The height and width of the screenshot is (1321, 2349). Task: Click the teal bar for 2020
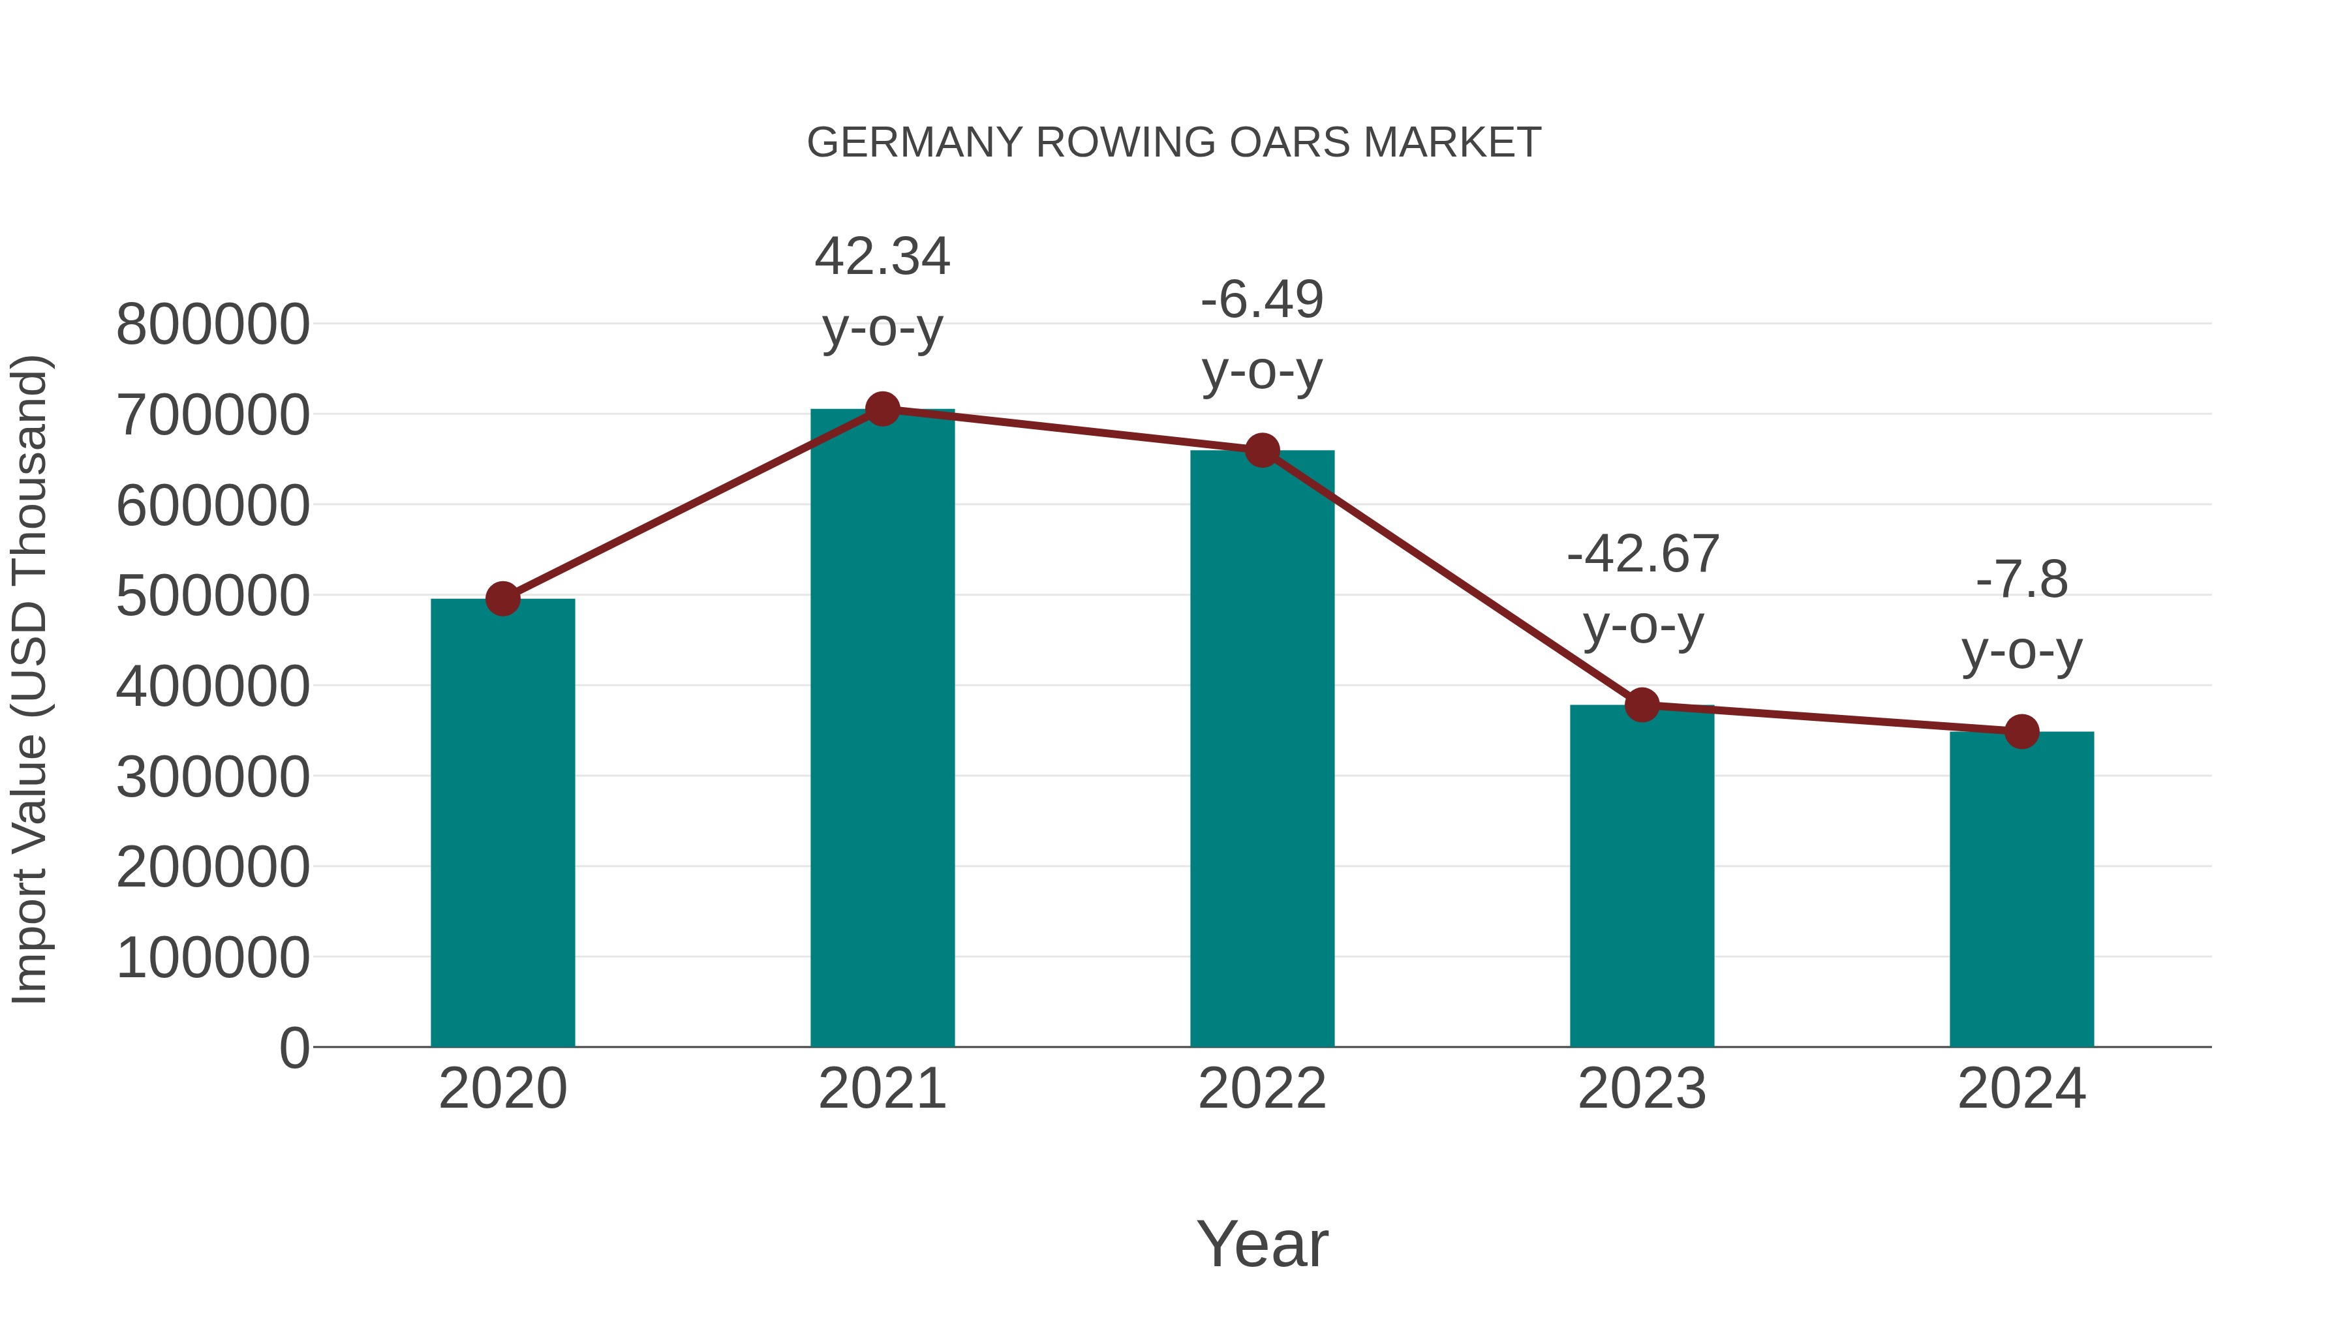pos(502,823)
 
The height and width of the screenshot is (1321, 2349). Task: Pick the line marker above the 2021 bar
pos(882,409)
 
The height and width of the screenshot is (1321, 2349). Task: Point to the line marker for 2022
pos(1261,450)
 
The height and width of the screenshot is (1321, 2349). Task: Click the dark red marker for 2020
pos(502,599)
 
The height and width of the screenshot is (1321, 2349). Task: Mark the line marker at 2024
pos(2021,731)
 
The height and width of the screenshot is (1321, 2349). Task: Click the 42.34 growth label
pos(882,256)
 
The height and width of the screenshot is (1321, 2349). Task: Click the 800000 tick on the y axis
pos(213,325)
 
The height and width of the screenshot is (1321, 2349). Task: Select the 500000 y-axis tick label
pos(213,596)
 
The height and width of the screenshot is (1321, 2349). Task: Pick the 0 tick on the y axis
pos(294,1048)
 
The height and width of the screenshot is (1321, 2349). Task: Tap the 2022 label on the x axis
pos(1261,1089)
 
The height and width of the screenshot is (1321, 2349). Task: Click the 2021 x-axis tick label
pos(882,1089)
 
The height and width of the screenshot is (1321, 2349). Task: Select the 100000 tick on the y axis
pos(213,958)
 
